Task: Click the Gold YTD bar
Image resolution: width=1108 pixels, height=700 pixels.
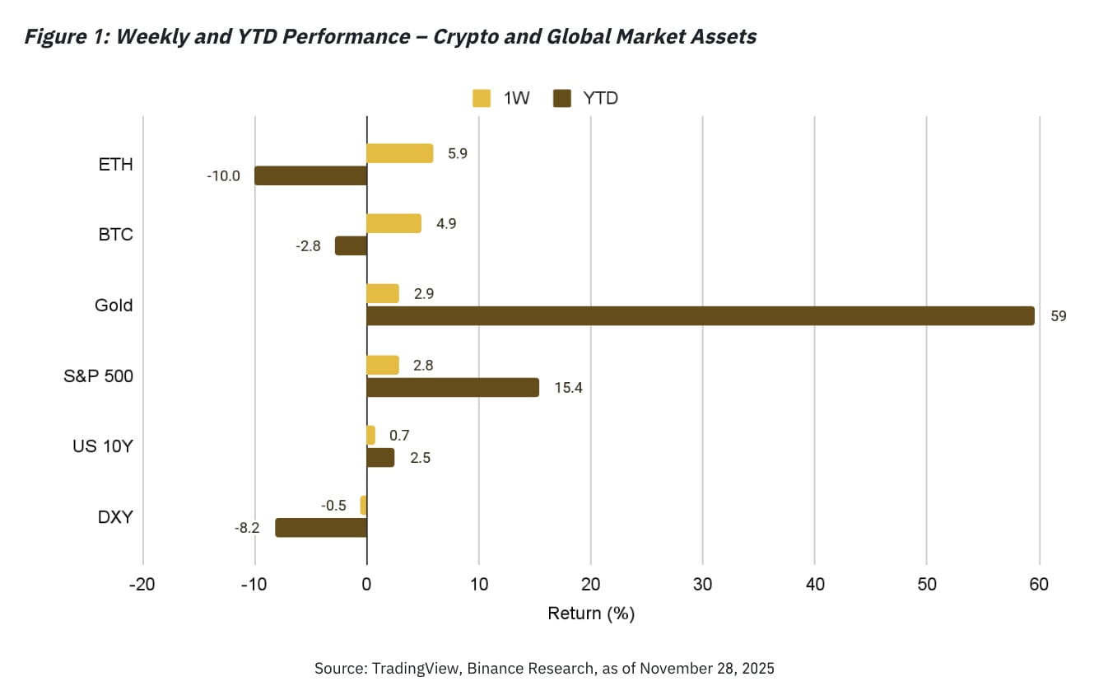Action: coord(700,316)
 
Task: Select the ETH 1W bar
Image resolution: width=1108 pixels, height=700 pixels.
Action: coord(399,153)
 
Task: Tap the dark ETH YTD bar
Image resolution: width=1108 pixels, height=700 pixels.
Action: coord(310,175)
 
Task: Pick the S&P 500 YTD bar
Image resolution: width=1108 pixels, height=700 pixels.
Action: coord(453,387)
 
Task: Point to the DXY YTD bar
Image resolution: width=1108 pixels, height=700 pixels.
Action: coord(321,528)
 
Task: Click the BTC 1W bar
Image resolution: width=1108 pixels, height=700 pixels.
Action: coord(393,223)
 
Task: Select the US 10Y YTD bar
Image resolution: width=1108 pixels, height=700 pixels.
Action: coord(380,458)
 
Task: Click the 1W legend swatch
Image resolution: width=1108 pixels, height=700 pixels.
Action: coord(482,99)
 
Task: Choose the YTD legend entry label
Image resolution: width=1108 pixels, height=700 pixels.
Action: coord(600,99)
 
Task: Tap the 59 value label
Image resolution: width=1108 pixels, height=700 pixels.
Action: coord(1058,316)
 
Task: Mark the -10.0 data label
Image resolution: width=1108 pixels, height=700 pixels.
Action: coord(224,175)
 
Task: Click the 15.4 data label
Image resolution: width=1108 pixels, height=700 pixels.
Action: coord(568,387)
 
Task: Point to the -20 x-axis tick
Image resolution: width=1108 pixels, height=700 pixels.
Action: coord(143,585)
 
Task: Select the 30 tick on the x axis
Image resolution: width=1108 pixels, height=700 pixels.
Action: coord(702,585)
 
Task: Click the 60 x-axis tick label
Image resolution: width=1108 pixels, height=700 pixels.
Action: coord(1039,585)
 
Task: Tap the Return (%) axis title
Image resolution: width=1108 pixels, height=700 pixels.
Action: coord(590,614)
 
